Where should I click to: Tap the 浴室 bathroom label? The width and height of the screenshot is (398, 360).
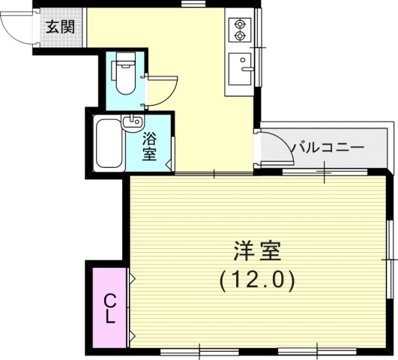(149, 146)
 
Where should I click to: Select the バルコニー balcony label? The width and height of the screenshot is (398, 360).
(327, 147)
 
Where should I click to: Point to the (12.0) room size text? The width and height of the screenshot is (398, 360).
(257, 280)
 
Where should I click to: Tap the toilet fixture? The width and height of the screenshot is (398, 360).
(124, 74)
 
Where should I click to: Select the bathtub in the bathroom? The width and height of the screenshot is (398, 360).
(109, 145)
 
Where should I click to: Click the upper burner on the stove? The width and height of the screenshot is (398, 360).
(241, 22)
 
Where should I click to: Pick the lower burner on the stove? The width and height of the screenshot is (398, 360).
(241, 36)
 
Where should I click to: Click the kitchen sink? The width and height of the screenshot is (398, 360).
(241, 70)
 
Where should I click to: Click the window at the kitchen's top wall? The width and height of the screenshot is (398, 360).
(193, 5)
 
